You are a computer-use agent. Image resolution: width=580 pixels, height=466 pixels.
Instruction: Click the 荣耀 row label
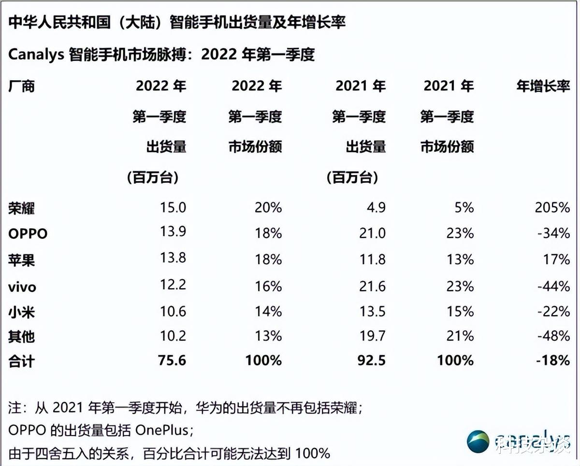click(22, 208)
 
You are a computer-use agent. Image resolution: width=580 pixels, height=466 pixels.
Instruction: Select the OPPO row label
click(28, 234)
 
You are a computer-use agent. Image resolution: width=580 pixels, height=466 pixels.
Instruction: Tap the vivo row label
click(22, 287)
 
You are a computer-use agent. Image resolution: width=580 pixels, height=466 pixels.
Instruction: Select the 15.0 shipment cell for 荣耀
click(173, 208)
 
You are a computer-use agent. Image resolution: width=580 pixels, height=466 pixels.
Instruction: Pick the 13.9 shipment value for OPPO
click(173, 232)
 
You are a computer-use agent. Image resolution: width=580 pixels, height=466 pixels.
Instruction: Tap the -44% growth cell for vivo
click(553, 286)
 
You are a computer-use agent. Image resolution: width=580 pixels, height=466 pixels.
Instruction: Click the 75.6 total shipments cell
click(172, 360)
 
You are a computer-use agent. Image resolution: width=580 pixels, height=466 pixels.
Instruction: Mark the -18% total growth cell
click(553, 360)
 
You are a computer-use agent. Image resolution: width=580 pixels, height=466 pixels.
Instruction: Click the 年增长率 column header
click(543, 86)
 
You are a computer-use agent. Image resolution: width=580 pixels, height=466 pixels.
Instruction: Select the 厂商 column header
click(22, 86)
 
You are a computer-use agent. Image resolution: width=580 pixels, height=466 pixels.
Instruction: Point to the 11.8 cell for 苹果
click(373, 260)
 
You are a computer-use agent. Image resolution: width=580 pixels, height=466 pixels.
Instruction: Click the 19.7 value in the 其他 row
click(373, 336)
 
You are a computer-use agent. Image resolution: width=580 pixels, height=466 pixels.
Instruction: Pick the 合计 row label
click(22, 361)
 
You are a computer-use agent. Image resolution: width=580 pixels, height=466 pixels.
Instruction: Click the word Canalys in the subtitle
click(36, 54)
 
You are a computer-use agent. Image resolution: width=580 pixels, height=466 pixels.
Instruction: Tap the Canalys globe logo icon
click(478, 441)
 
